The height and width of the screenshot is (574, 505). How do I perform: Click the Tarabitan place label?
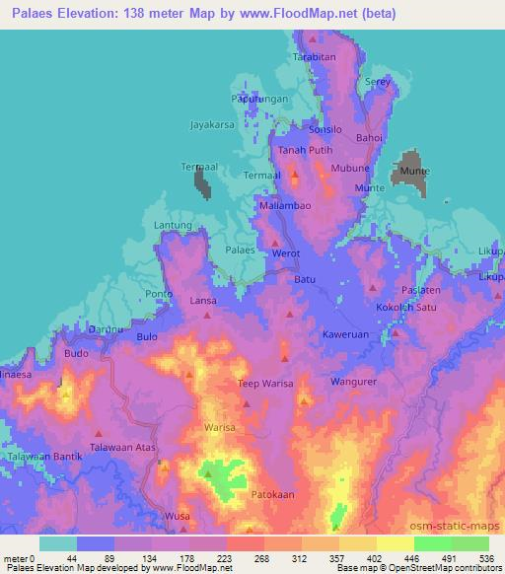click(x=314, y=59)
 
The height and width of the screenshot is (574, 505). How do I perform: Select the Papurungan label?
click(x=259, y=100)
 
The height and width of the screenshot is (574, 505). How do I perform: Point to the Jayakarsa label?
click(x=213, y=126)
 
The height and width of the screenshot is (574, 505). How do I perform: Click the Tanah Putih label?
click(x=301, y=150)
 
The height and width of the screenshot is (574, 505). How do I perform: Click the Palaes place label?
click(x=241, y=251)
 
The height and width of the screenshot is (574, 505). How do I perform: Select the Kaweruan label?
click(x=345, y=334)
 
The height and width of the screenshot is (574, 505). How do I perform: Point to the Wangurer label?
click(x=355, y=381)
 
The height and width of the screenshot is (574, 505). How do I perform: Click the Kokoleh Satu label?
click(x=404, y=308)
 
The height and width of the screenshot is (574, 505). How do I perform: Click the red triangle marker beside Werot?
click(x=276, y=243)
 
